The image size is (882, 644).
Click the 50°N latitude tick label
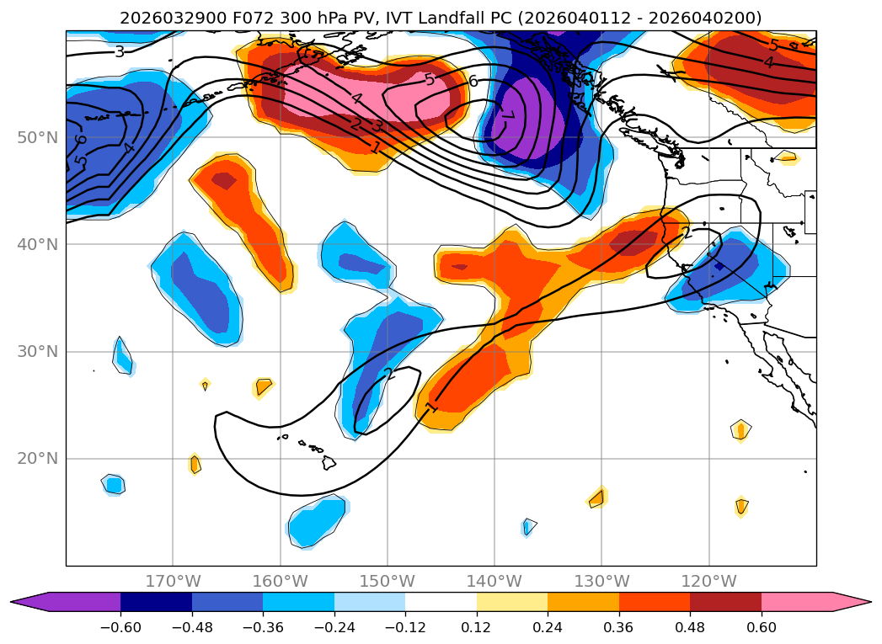click(38, 137)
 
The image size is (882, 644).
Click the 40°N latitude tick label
click(38, 244)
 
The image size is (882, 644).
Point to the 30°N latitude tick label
click(38, 351)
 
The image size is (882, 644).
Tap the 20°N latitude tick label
click(38, 459)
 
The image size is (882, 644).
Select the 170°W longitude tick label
click(173, 581)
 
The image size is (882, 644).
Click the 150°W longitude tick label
click(388, 581)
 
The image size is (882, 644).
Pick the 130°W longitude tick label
click(601, 581)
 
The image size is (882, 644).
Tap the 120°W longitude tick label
click(709, 581)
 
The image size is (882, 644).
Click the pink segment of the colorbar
click(797, 602)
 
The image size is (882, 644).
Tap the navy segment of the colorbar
click(157, 602)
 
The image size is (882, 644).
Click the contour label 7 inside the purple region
click(507, 115)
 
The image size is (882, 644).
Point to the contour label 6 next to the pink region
click(473, 81)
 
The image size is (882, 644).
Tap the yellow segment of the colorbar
click(512, 602)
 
